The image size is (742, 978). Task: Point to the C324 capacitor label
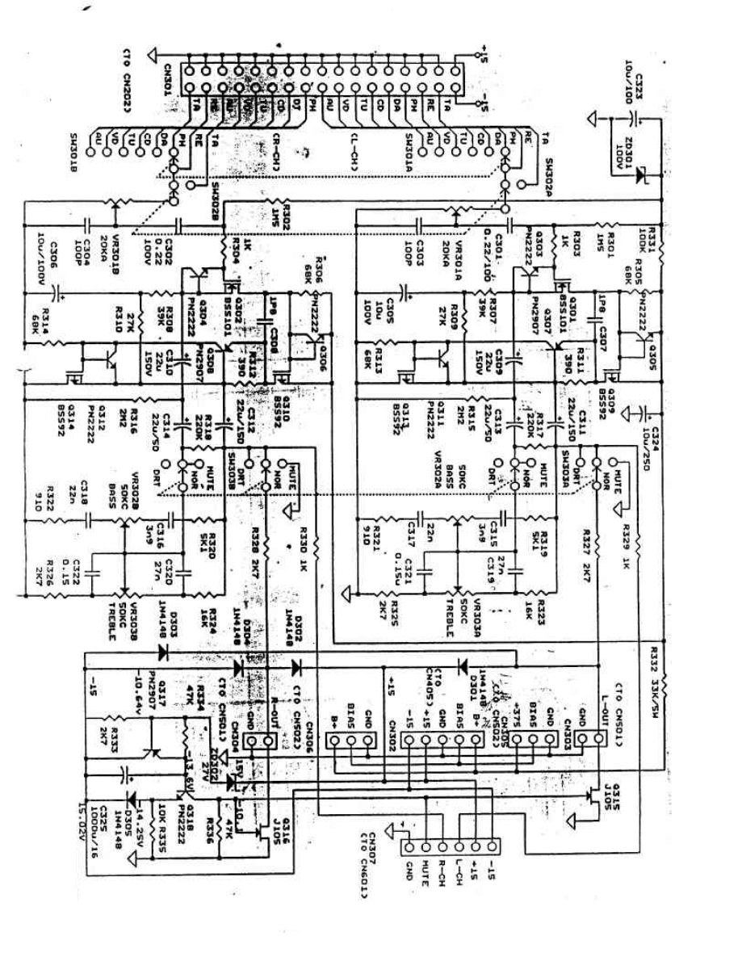656,432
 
